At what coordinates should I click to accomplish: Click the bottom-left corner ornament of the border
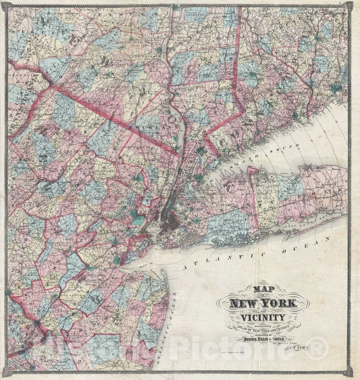(9, 373)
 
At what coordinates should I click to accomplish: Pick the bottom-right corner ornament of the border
(350, 373)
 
